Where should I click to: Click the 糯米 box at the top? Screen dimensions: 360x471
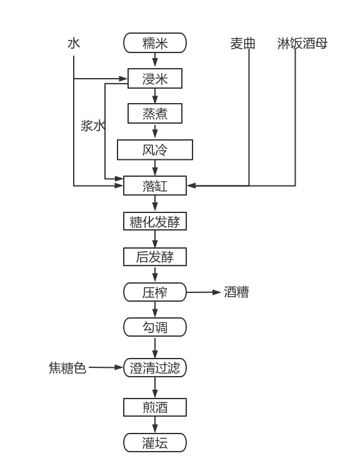pyautogui.click(x=155, y=43)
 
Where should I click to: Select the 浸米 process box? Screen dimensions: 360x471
pyautogui.click(x=155, y=79)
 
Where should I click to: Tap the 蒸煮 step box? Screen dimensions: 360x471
pyautogui.click(x=155, y=113)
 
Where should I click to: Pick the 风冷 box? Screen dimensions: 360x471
pyautogui.click(x=155, y=149)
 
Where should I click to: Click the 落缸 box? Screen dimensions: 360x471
pyautogui.click(x=155, y=186)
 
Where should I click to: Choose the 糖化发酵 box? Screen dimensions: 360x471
pyautogui.click(x=155, y=221)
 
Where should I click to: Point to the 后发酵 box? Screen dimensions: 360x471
pyautogui.click(x=155, y=257)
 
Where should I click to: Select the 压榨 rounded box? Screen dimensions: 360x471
pyautogui.click(x=155, y=292)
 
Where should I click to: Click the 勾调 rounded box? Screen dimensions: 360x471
pyautogui.click(x=155, y=327)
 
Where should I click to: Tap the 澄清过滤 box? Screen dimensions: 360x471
pyautogui.click(x=155, y=368)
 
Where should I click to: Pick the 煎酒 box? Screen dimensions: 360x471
pyautogui.click(x=155, y=407)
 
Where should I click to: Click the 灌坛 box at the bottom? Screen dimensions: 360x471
pyautogui.click(x=155, y=442)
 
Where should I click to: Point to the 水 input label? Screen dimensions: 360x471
pyautogui.click(x=74, y=43)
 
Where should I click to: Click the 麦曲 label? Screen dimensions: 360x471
pyautogui.click(x=242, y=44)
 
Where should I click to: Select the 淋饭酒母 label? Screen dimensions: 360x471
pyautogui.click(x=302, y=44)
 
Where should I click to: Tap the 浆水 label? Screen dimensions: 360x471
pyautogui.click(x=93, y=126)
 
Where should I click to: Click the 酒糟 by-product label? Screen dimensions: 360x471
pyautogui.click(x=236, y=292)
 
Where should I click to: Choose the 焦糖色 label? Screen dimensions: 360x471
pyautogui.click(x=67, y=368)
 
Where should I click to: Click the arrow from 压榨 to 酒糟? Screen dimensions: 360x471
pyautogui.click(x=204, y=292)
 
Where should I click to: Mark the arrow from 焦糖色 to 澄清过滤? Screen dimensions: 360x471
pyautogui.click(x=106, y=367)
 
